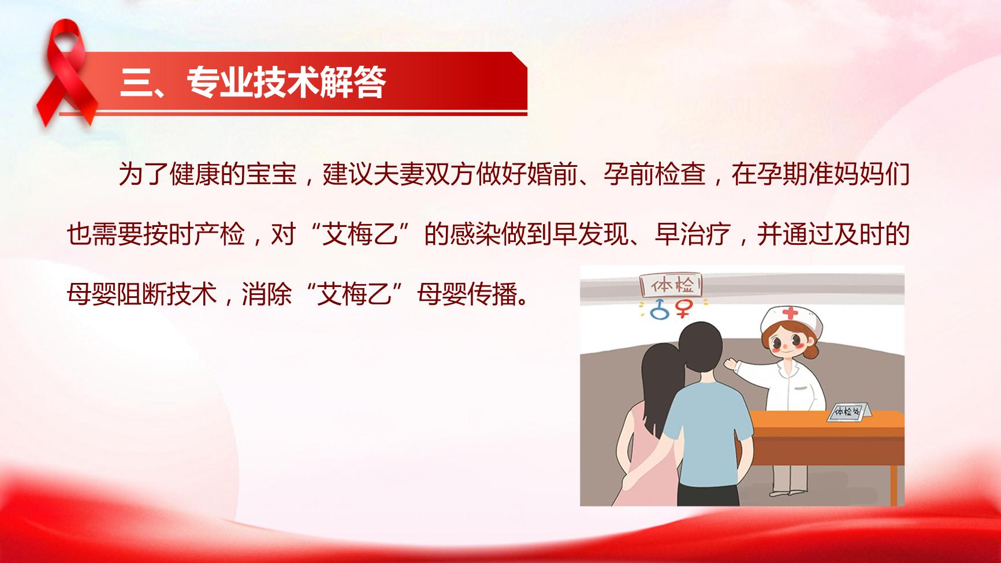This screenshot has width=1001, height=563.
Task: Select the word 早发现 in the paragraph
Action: coord(591,234)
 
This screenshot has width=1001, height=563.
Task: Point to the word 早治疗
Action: coord(693,234)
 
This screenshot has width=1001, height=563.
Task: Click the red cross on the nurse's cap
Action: coord(790,315)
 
